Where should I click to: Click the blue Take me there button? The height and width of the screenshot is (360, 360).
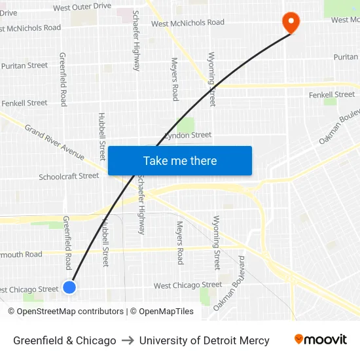coord(180,161)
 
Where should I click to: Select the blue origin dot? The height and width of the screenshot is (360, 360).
coord(69,287)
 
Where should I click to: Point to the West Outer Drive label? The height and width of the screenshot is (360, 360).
coord(82,7)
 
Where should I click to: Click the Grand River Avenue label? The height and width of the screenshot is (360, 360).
coord(54,142)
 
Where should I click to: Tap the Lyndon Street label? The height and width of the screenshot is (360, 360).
coord(187,135)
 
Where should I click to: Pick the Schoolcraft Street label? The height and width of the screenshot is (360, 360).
coord(69,177)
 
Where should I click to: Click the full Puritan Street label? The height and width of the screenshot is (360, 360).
coord(24,65)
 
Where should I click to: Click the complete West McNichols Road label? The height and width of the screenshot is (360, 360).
coord(187,23)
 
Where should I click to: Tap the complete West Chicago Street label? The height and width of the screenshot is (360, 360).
coord(187,285)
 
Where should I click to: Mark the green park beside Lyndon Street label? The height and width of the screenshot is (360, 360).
coord(186,124)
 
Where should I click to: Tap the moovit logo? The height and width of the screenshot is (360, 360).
coord(320,340)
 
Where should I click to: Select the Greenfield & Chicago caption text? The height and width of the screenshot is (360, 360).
coord(65,340)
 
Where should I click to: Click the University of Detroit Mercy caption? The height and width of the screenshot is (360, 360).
coord(204,340)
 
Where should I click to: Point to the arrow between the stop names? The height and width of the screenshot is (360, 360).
coord(128,340)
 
